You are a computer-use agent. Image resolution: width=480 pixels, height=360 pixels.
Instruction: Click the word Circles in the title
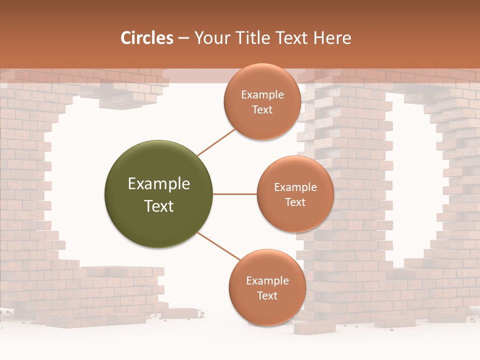coord(146,38)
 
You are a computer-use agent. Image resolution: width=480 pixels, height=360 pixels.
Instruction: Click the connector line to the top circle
coord(216,141)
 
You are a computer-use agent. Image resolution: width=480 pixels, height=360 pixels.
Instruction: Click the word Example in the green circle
coord(159,184)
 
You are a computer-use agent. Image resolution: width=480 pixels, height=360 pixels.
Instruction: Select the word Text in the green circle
coord(159,206)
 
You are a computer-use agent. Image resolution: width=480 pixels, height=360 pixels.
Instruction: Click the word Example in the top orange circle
coord(262,94)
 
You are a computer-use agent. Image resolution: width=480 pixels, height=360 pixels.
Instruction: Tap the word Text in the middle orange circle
coord(295,202)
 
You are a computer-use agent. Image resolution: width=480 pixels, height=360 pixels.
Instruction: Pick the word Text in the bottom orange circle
coord(267,295)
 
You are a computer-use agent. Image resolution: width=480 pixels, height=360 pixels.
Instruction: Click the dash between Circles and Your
coord(183,38)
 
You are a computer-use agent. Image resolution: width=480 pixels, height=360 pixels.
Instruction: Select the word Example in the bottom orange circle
coord(267,280)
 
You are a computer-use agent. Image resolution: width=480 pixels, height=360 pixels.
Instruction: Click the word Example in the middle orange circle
coord(295,187)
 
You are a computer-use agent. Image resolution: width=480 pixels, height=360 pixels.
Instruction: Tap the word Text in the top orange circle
coord(262,109)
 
